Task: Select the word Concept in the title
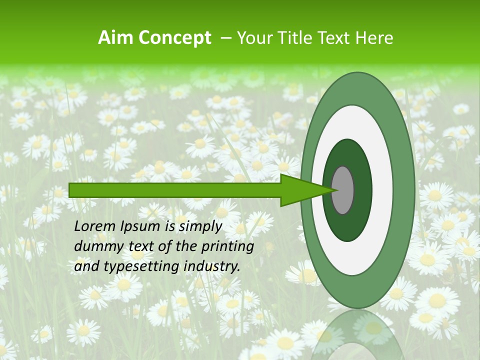(175, 38)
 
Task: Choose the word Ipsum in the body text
(141, 226)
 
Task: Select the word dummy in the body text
(95, 247)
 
